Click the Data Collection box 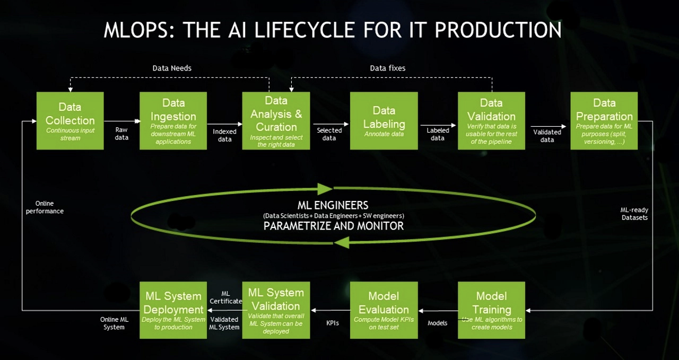coord(70,121)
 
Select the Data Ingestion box coord(173,121)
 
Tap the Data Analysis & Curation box coord(276,121)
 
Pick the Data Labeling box coord(384,121)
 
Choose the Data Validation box coord(491,121)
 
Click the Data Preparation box coord(604,121)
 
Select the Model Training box coord(491,310)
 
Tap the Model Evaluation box coord(384,310)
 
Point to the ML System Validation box coord(276,310)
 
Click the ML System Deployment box coord(173,310)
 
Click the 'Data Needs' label coord(172,68)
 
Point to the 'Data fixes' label coord(387,68)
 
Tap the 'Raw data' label coord(121,134)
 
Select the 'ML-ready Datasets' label coord(634,214)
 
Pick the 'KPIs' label coord(333,322)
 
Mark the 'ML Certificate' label coord(225,297)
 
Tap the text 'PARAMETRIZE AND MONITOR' coord(334,226)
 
